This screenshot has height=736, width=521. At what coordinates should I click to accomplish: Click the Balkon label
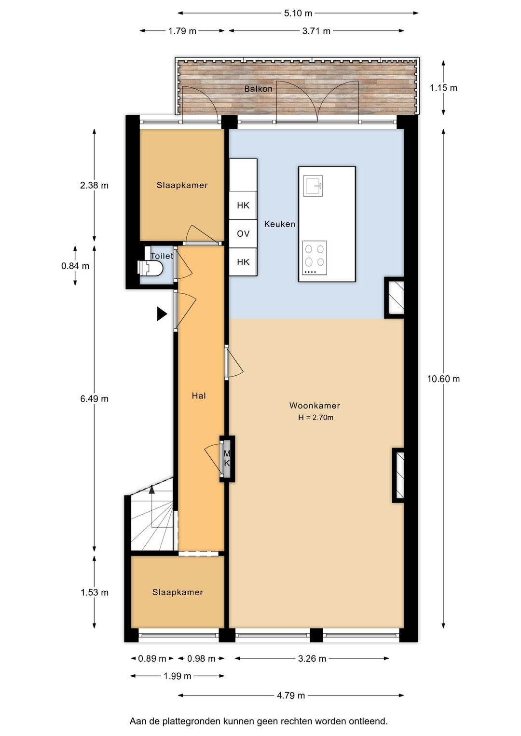click(x=258, y=89)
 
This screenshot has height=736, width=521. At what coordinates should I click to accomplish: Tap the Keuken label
click(x=280, y=224)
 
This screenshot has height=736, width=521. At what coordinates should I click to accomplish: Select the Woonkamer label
click(x=315, y=406)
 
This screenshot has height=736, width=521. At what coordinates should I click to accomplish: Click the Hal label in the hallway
click(x=199, y=395)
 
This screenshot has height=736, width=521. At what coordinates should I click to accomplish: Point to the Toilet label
click(x=162, y=256)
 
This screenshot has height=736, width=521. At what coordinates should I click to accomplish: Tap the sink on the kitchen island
click(x=313, y=186)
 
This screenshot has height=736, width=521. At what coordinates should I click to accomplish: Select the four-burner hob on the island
click(x=315, y=258)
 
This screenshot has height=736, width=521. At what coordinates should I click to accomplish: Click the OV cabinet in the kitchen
click(x=243, y=233)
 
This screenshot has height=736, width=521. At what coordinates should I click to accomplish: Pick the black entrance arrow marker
click(x=162, y=314)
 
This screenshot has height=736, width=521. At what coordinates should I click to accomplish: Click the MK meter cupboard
click(x=227, y=459)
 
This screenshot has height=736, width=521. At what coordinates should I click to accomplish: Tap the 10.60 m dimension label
click(x=443, y=379)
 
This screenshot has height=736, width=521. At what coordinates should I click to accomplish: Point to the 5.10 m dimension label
click(x=298, y=14)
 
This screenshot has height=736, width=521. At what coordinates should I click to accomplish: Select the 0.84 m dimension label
click(x=75, y=266)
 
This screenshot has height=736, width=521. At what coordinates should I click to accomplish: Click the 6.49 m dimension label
click(x=95, y=398)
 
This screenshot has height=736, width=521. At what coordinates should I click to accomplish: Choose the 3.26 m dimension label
click(x=312, y=666)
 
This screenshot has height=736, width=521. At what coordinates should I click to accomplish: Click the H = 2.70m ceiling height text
click(x=315, y=418)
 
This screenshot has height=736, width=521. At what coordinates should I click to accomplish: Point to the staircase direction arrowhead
click(x=151, y=489)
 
